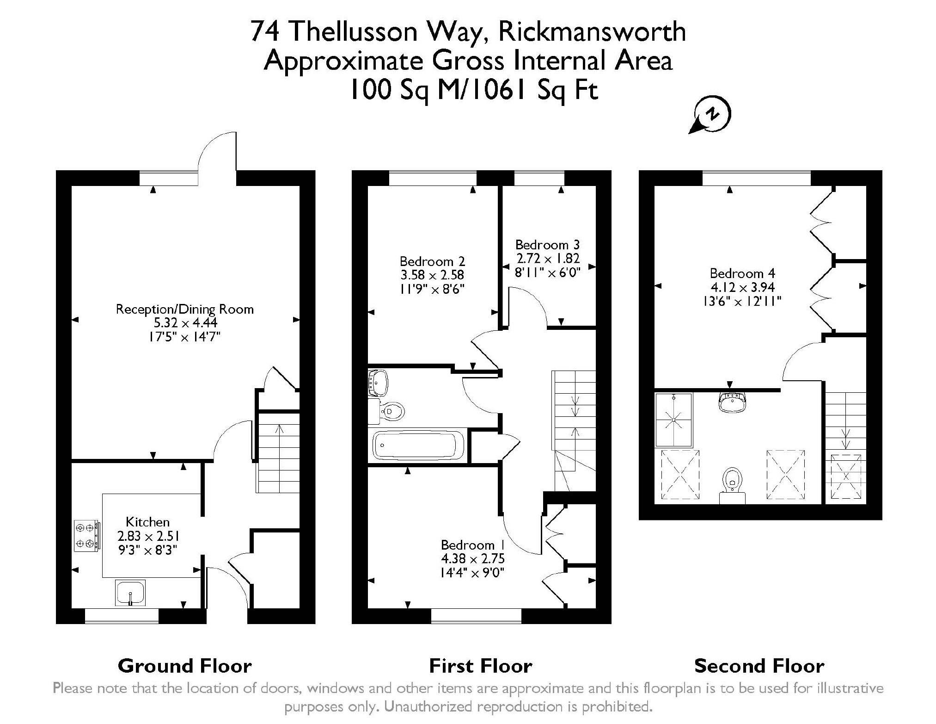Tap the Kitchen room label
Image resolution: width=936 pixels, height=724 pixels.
pos(147,522)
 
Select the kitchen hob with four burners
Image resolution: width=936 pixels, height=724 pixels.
pos(86,535)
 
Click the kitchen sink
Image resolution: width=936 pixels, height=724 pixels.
pos(130,593)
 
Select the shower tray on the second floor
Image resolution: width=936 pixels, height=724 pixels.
pos(673,420)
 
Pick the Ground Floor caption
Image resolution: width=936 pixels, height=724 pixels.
pos(184,666)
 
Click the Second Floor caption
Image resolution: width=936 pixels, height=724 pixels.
pos(759,666)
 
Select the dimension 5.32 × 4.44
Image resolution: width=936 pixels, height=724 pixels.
pos(185,322)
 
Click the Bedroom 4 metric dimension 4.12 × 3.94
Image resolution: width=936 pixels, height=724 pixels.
pos(742,287)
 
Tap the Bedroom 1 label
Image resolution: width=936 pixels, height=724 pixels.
pos(472,545)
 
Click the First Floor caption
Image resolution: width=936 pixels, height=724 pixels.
pos(480,666)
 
